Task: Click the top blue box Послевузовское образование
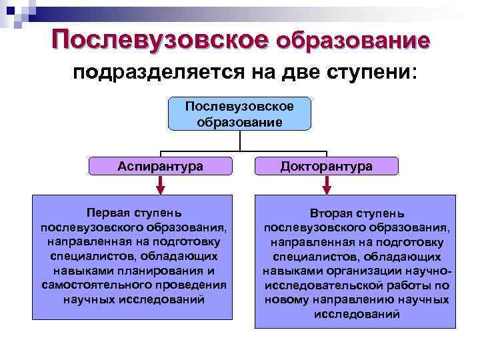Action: [x=239, y=114]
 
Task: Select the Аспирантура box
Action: [x=160, y=166]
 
